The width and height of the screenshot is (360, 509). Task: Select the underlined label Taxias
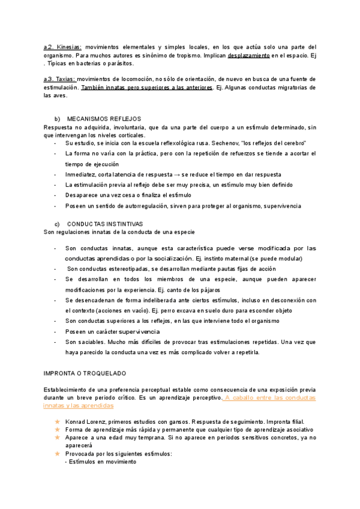point(64,79)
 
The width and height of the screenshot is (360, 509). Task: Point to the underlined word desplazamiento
point(248,55)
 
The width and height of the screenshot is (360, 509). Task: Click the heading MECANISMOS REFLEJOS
point(104,119)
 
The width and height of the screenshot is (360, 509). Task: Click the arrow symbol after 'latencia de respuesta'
point(182,174)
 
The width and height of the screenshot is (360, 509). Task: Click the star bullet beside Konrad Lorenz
point(58,422)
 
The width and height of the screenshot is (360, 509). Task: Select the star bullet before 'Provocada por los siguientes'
point(58,454)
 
